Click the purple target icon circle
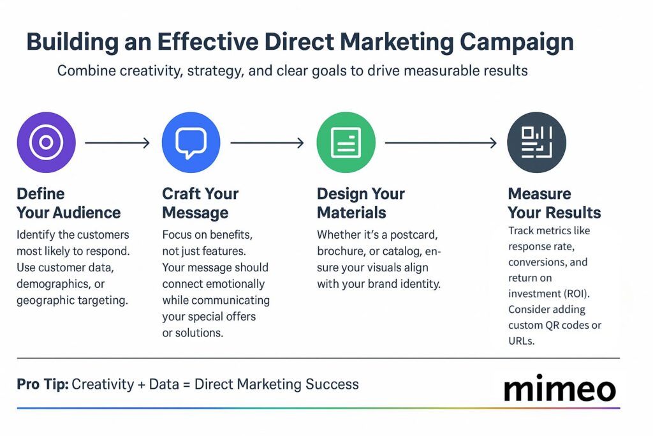coord(46,143)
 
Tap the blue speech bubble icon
coord(191,143)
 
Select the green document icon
coord(346,143)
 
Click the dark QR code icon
coord(536,143)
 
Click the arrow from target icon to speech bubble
coord(117,143)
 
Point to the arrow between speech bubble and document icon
coord(267,143)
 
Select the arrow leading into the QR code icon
coord(441,143)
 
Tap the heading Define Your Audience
coord(68,203)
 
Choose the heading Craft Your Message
coord(200,203)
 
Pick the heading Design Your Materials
coord(360,203)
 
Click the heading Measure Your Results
coord(554,203)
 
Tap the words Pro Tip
coord(43,384)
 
